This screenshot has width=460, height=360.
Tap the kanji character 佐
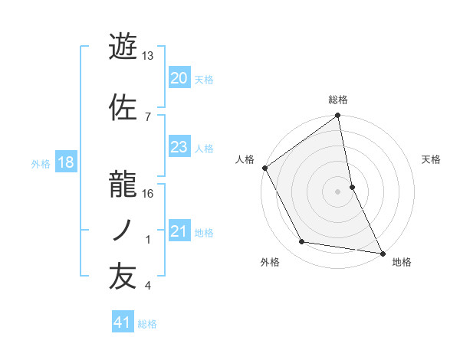click(123, 108)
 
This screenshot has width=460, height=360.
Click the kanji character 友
click(123, 277)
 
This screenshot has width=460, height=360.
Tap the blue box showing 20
click(179, 78)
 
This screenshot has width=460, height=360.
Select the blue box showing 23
click(179, 147)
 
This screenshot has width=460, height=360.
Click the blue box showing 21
click(179, 232)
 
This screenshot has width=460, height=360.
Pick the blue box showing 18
click(65, 162)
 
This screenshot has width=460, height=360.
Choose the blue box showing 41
click(123, 323)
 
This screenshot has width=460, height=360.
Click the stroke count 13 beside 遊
click(148, 56)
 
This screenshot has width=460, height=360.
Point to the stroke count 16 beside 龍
click(148, 194)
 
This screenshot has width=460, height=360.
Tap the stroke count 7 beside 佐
click(147, 116)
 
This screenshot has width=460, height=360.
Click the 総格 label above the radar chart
click(338, 100)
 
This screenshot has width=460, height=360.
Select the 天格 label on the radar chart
click(432, 159)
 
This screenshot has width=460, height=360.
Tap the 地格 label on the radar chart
click(402, 262)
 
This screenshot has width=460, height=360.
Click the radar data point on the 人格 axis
click(264, 168)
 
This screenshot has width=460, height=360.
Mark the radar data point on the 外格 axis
click(302, 242)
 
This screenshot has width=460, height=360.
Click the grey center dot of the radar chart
click(338, 191)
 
